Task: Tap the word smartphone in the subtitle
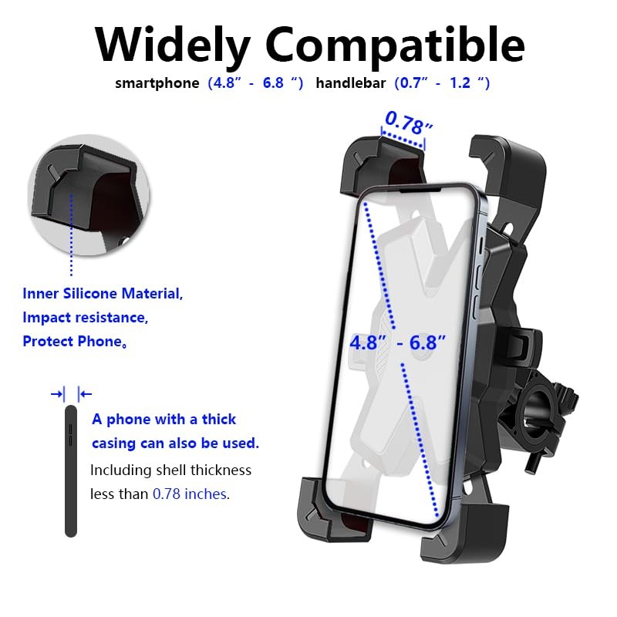pyautogui.click(x=157, y=83)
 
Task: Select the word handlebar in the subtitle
pyautogui.click(x=350, y=83)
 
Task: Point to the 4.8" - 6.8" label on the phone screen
pyautogui.click(x=398, y=342)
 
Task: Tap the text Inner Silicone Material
pyautogui.click(x=103, y=294)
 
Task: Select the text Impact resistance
pyautogui.click(x=84, y=317)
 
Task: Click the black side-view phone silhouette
pyautogui.click(x=71, y=470)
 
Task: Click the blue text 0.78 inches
pyautogui.click(x=190, y=494)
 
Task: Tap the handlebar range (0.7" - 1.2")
pyautogui.click(x=442, y=83)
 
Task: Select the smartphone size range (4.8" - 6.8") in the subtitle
pyautogui.click(x=255, y=83)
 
